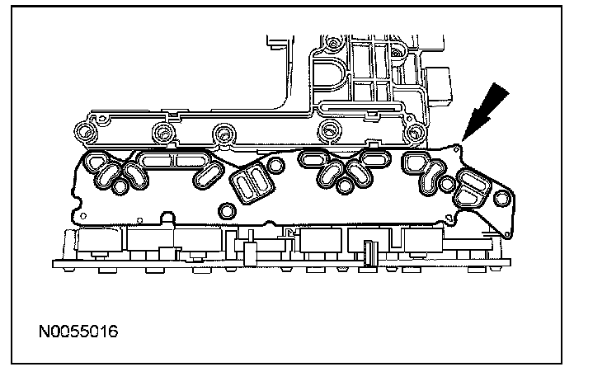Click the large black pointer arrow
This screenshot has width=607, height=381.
coord(486,111)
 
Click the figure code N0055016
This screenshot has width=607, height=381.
coord(78,332)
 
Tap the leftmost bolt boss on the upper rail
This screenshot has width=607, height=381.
coord(85,133)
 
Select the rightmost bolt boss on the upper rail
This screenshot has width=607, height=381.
coord(415,133)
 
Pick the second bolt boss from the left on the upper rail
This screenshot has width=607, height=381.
coord(162,133)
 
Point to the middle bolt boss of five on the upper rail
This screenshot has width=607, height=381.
coord(224,134)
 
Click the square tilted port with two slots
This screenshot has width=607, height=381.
coord(252,183)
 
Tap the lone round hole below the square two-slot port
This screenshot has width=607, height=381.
coord(228,211)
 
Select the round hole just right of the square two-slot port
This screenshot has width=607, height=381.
coord(275,165)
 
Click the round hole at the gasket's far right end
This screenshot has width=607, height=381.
coord(502,199)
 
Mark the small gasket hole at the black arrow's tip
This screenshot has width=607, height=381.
coord(456,148)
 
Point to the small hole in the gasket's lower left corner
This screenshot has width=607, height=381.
coord(82,216)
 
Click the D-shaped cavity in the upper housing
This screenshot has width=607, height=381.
coord(329,76)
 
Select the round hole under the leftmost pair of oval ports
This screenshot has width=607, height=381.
coord(120,186)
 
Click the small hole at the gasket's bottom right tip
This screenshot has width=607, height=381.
coord(507,234)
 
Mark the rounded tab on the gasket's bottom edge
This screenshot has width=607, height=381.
coord(168,217)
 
